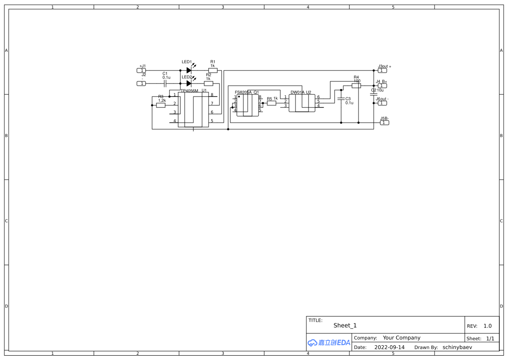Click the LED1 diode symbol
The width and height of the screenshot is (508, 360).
189,70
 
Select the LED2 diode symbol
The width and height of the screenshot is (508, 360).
189,83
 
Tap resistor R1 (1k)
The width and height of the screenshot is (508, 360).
212,70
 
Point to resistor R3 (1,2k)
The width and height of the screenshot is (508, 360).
161,105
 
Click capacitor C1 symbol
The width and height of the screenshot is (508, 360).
165,83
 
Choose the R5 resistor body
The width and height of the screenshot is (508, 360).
272,103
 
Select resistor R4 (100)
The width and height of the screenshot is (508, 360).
356,86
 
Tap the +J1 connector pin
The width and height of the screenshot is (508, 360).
141,70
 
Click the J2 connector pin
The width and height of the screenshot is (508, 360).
141,83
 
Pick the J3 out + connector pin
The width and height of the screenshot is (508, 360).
382,70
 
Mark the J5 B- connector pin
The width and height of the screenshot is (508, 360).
385,123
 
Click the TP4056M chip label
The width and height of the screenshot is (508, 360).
189,91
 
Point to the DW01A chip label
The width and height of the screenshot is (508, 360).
298,92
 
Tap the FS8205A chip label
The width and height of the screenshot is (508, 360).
243,92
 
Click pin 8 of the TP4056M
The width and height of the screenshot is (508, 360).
212,95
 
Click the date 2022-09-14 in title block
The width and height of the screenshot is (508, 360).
389,347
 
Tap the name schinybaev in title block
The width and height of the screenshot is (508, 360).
457,347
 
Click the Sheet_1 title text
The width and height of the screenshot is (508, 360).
345,325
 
